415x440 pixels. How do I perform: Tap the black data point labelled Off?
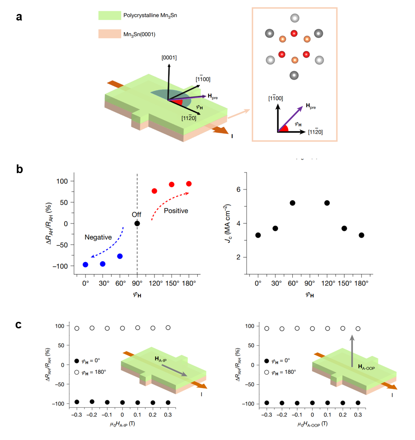(137, 223)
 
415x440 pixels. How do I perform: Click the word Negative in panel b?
(98, 237)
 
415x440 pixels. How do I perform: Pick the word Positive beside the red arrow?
(176, 211)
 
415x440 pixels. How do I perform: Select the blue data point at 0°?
(86, 265)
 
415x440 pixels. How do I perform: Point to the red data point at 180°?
(189, 184)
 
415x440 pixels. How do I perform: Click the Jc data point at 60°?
(292, 203)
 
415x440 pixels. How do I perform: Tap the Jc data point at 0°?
(258, 235)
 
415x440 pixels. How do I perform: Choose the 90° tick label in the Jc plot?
(310, 283)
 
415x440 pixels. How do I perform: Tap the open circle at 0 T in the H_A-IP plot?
(123, 328)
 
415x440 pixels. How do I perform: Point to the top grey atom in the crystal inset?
(295, 18)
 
